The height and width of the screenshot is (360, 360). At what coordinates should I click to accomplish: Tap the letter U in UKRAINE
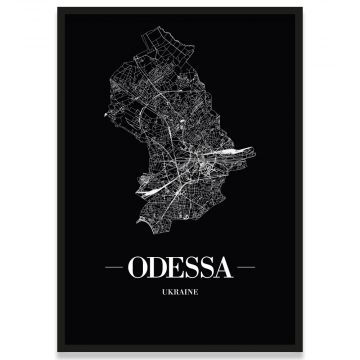(159, 291)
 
